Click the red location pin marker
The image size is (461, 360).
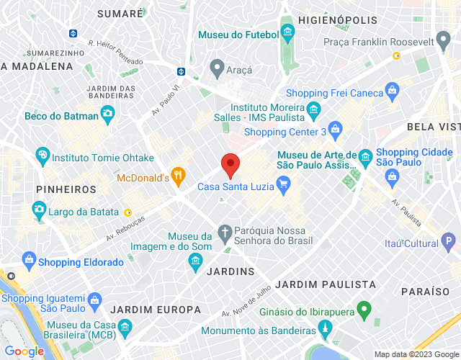tap(230, 166)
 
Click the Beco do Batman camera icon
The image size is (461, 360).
tap(107, 113)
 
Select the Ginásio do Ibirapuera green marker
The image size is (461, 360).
tap(364, 310)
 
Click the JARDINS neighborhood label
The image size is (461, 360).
tap(230, 271)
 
